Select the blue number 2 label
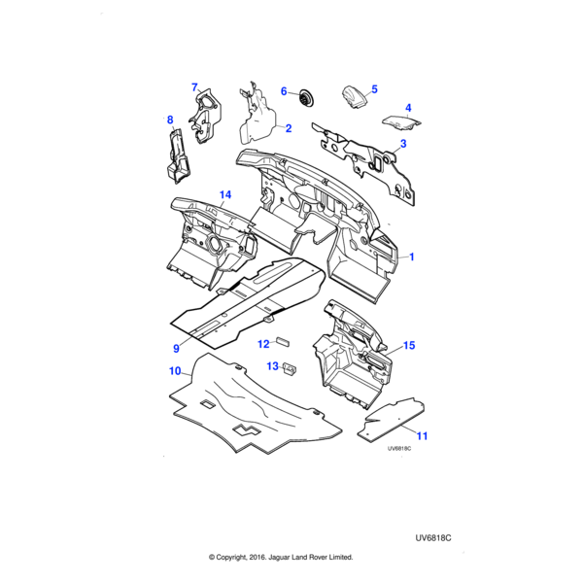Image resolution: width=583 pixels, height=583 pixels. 289,127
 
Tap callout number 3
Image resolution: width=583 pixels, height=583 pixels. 403,144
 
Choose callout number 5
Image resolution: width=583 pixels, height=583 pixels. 374,88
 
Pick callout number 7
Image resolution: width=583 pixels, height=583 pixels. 194,87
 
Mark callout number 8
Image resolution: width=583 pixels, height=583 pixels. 170,120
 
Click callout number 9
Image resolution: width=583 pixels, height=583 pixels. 177,348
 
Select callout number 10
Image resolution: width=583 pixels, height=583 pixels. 175,371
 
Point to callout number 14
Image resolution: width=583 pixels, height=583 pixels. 224,195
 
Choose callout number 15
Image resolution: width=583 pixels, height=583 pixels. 409,345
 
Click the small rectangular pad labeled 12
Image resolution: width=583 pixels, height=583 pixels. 284,341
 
